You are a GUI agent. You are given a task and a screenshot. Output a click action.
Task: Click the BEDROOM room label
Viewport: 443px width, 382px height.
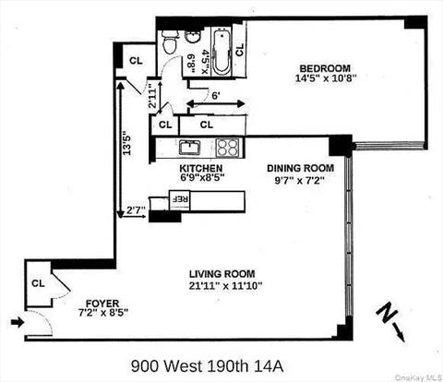[324, 67]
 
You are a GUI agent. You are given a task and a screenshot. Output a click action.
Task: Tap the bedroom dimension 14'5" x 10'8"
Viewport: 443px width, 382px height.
[324, 79]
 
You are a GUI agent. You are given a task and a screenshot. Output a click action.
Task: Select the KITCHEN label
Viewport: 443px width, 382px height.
[201, 168]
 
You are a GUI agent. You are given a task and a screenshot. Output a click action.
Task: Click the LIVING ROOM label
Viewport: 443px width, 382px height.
[221, 274]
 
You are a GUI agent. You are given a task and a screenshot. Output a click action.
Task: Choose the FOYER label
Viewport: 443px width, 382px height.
[102, 303]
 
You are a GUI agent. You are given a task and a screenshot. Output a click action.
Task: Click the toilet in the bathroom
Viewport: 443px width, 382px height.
[170, 40]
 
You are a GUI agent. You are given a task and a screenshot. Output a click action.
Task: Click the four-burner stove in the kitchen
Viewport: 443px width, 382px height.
[227, 147]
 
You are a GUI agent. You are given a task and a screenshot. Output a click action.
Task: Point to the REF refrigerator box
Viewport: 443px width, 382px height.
[181, 198]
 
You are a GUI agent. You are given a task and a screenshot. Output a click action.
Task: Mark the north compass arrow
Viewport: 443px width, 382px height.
[390, 318]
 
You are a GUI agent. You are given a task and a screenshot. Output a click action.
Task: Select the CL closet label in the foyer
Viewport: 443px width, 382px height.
[40, 282]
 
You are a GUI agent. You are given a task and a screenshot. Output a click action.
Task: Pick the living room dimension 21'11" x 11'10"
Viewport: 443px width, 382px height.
[221, 286]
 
